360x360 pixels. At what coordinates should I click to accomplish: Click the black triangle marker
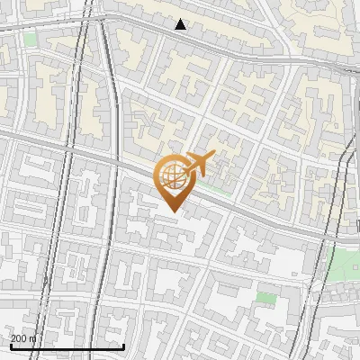(x=181, y=24)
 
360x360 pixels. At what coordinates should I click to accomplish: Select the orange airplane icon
(x=198, y=164)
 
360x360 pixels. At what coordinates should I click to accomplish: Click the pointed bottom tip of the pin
(x=174, y=211)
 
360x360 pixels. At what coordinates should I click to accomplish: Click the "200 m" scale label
(x=23, y=338)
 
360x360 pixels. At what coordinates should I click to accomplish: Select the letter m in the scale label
(x=32, y=338)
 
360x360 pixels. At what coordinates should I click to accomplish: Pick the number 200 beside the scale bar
(x=19, y=338)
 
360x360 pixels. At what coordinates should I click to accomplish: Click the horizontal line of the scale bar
(x=67, y=346)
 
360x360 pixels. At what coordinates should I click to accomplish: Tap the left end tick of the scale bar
(x=11, y=345)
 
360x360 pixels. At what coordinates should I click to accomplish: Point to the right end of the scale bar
(x=123, y=345)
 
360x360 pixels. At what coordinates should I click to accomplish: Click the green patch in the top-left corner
(x=31, y=40)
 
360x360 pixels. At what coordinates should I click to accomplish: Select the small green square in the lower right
(x=265, y=297)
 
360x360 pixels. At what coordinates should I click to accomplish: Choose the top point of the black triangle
(x=181, y=19)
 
